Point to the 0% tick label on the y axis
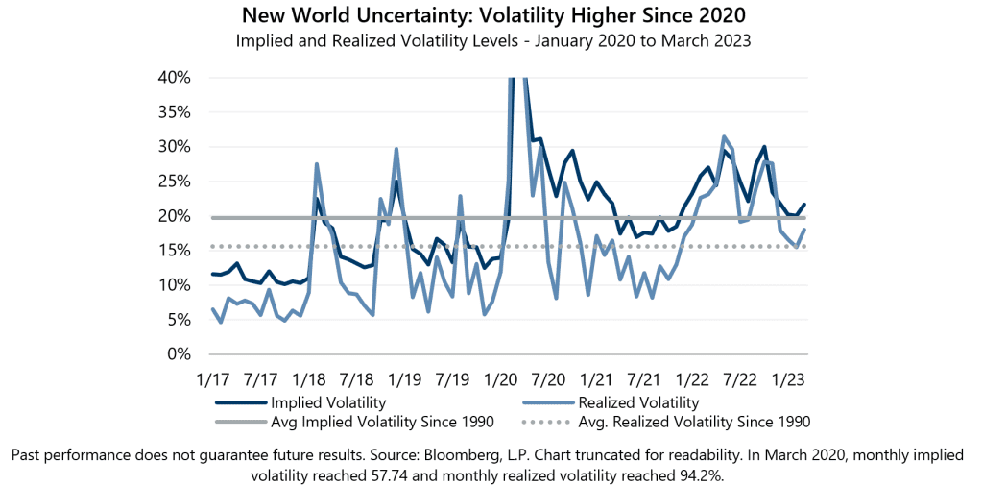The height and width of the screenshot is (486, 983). pos(178,354)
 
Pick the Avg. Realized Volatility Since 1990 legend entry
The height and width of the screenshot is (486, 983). pos(694,422)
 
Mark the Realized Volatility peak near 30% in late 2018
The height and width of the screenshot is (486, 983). pos(396,149)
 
